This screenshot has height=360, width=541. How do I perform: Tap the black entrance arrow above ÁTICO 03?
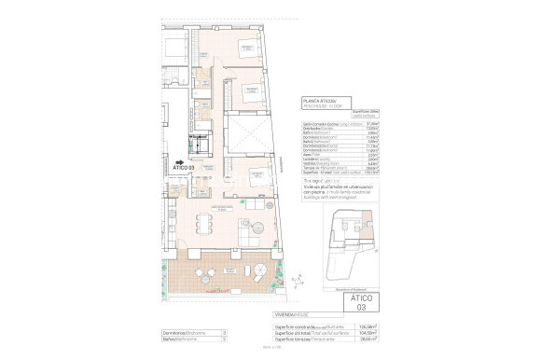tap(179, 160)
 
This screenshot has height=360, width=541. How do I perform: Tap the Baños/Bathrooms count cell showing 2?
tap(224, 339)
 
